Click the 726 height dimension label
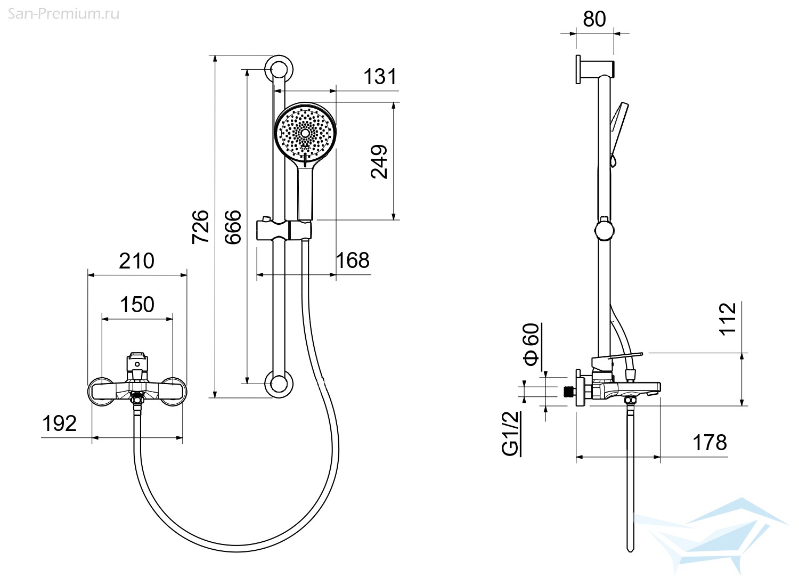pyautogui.click(x=200, y=227)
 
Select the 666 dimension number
pyautogui.click(x=233, y=227)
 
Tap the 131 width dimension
pyautogui.click(x=380, y=77)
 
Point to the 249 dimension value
pyautogui.click(x=379, y=161)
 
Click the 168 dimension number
pyautogui.click(x=353, y=261)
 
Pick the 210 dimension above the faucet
pyautogui.click(x=136, y=261)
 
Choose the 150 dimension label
pyautogui.click(x=137, y=305)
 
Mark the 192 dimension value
pyautogui.click(x=60, y=424)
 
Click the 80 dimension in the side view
pyautogui.click(x=594, y=19)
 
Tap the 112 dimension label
pyautogui.click(x=727, y=319)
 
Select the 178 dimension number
pyautogui.click(x=710, y=443)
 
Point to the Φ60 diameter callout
pyautogui.click(x=531, y=345)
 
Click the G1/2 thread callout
pyautogui.click(x=510, y=434)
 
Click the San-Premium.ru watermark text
pyautogui.click(x=63, y=14)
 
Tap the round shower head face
pyautogui.click(x=305, y=133)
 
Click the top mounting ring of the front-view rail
pyautogui.click(x=279, y=69)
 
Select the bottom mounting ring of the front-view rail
pyautogui.click(x=279, y=384)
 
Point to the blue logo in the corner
pyautogui.click(x=710, y=535)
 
